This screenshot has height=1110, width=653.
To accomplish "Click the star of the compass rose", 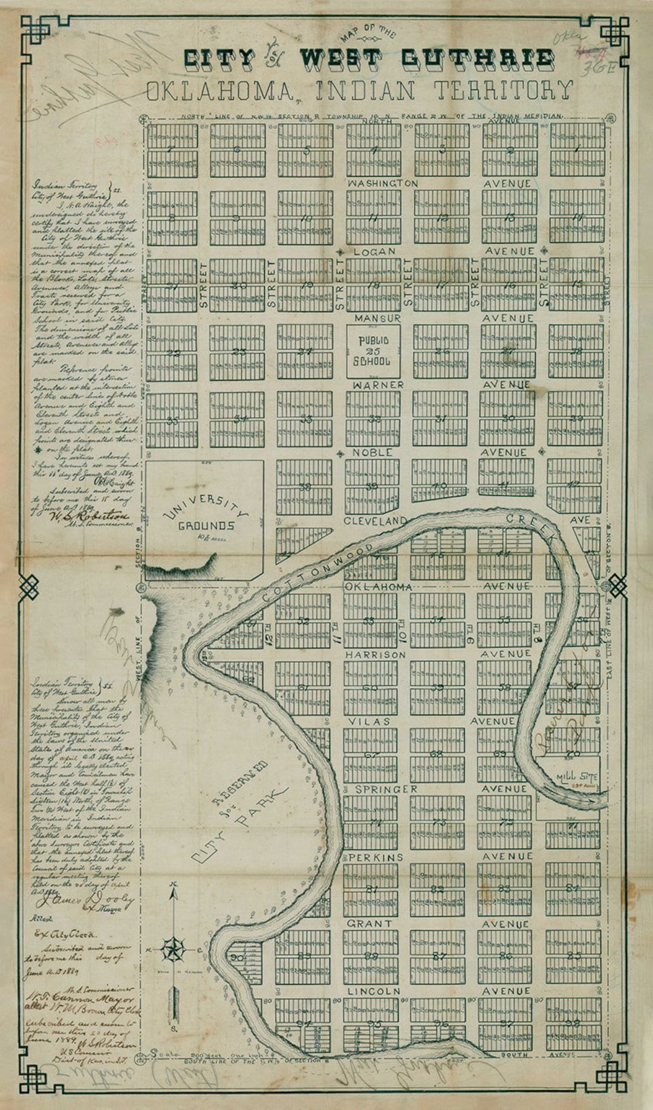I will point(174,950).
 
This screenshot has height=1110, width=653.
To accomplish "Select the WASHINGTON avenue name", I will point(382,183).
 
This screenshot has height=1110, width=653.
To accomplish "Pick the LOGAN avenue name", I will point(374,251).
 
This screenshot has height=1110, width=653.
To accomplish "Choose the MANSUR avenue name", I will point(377,318).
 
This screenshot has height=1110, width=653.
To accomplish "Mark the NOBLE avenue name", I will point(372,452).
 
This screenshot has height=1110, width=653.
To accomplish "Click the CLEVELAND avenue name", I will point(375,521).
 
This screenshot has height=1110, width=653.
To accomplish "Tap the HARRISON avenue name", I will point(375,655).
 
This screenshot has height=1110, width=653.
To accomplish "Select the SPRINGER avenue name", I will point(386,789).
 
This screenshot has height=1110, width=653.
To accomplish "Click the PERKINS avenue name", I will point(375,857).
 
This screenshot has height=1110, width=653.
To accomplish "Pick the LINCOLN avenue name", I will point(374,992).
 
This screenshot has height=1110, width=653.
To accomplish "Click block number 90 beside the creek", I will point(237,958).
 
